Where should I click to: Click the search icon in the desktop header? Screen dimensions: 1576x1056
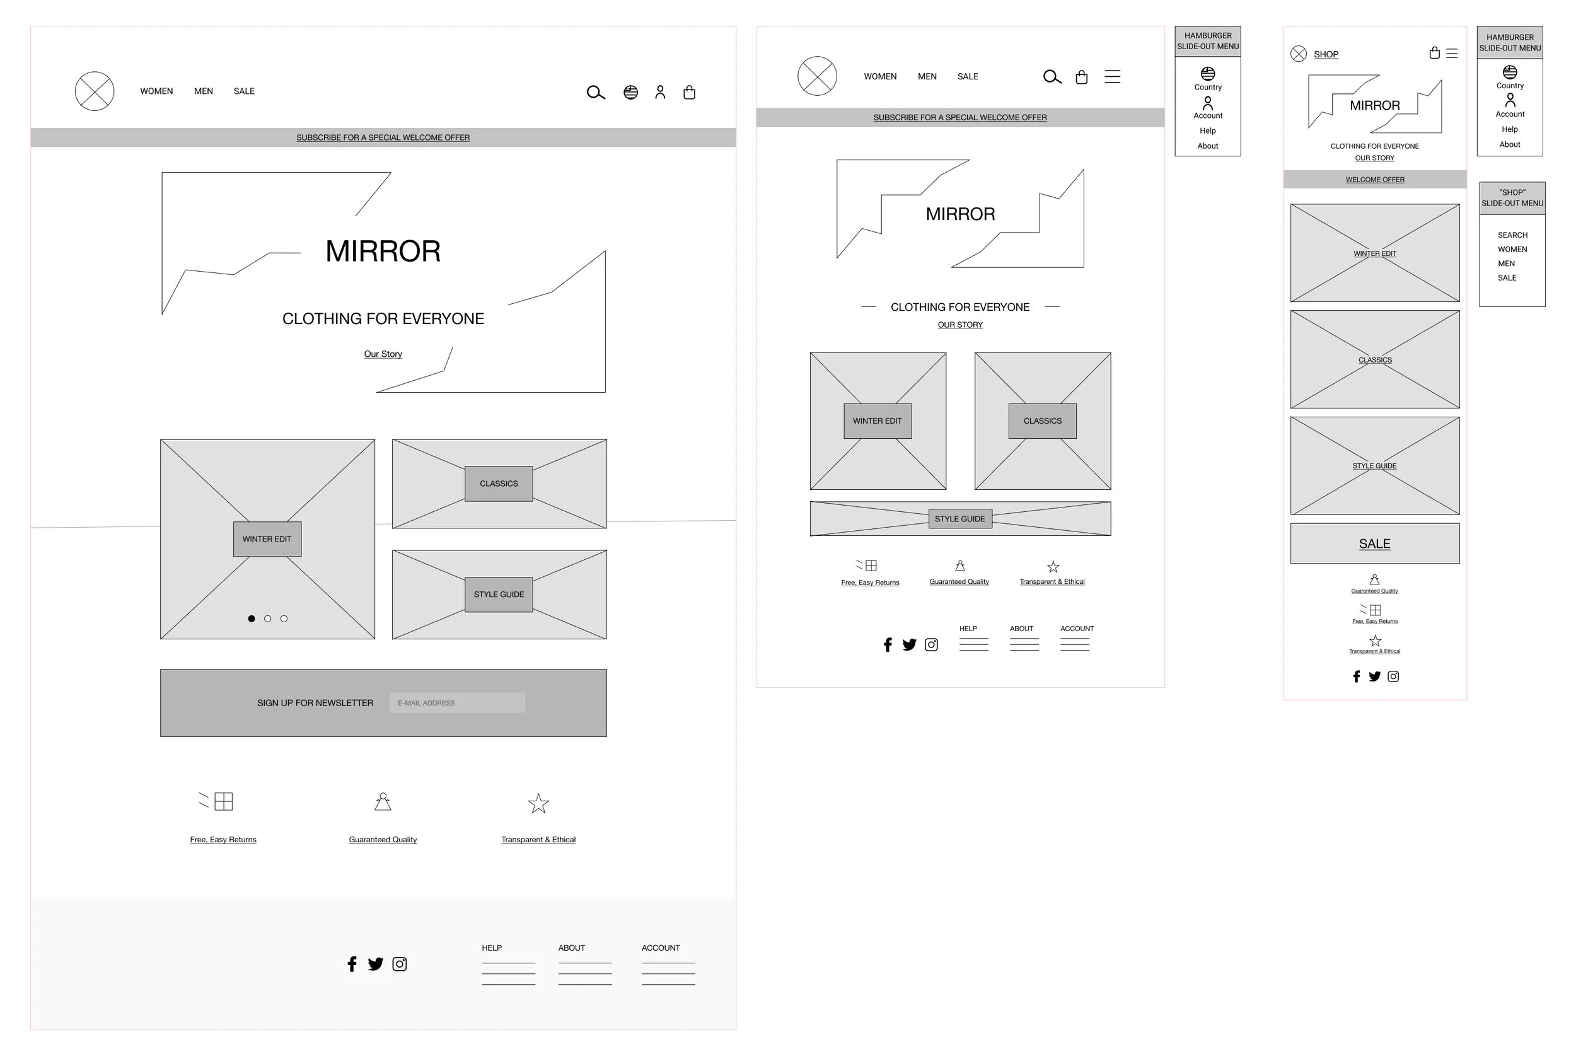[595, 92]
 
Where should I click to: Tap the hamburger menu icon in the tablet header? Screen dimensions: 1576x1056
[1112, 77]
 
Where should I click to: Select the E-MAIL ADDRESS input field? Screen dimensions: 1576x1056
[456, 702]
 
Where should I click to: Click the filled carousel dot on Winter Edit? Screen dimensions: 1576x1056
[251, 618]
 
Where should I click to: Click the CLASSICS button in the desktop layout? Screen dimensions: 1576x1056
[498, 484]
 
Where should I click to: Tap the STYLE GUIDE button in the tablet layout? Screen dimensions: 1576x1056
[959, 519]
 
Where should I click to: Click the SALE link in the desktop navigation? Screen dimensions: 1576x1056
[244, 91]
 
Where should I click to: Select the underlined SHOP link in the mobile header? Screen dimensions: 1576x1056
[1326, 55]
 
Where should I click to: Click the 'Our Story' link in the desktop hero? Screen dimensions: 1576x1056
[383, 354]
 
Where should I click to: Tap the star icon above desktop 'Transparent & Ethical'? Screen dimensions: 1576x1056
[538, 803]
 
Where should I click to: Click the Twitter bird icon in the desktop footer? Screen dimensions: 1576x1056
[375, 964]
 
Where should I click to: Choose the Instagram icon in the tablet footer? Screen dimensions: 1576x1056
[931, 644]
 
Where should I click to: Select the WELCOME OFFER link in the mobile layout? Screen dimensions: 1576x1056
[1374, 180]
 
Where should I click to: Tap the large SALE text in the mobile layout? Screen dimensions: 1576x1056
[1374, 543]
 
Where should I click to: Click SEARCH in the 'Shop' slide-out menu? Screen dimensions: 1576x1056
[1512, 235]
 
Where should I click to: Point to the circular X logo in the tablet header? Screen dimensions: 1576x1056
[816, 76]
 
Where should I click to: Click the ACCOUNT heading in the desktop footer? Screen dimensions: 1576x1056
[660, 948]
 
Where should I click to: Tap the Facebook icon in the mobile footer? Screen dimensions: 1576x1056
[1356, 676]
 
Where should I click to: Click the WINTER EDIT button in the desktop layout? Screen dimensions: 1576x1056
[267, 539]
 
